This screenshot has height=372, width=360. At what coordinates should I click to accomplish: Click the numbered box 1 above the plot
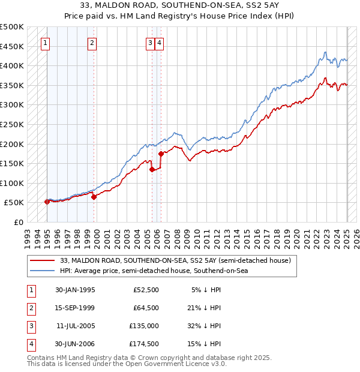click(x=46, y=43)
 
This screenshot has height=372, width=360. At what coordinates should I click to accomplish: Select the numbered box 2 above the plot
click(x=92, y=43)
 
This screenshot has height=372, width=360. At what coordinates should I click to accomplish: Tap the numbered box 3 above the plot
click(x=149, y=43)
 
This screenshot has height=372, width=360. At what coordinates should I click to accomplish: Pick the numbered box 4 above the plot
click(x=159, y=43)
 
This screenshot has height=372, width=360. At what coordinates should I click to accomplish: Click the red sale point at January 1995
click(x=47, y=202)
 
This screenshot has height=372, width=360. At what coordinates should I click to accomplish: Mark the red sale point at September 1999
click(x=94, y=197)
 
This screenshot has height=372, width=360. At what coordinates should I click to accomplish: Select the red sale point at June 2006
click(x=161, y=154)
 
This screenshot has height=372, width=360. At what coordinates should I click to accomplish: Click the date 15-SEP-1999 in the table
click(x=75, y=308)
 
